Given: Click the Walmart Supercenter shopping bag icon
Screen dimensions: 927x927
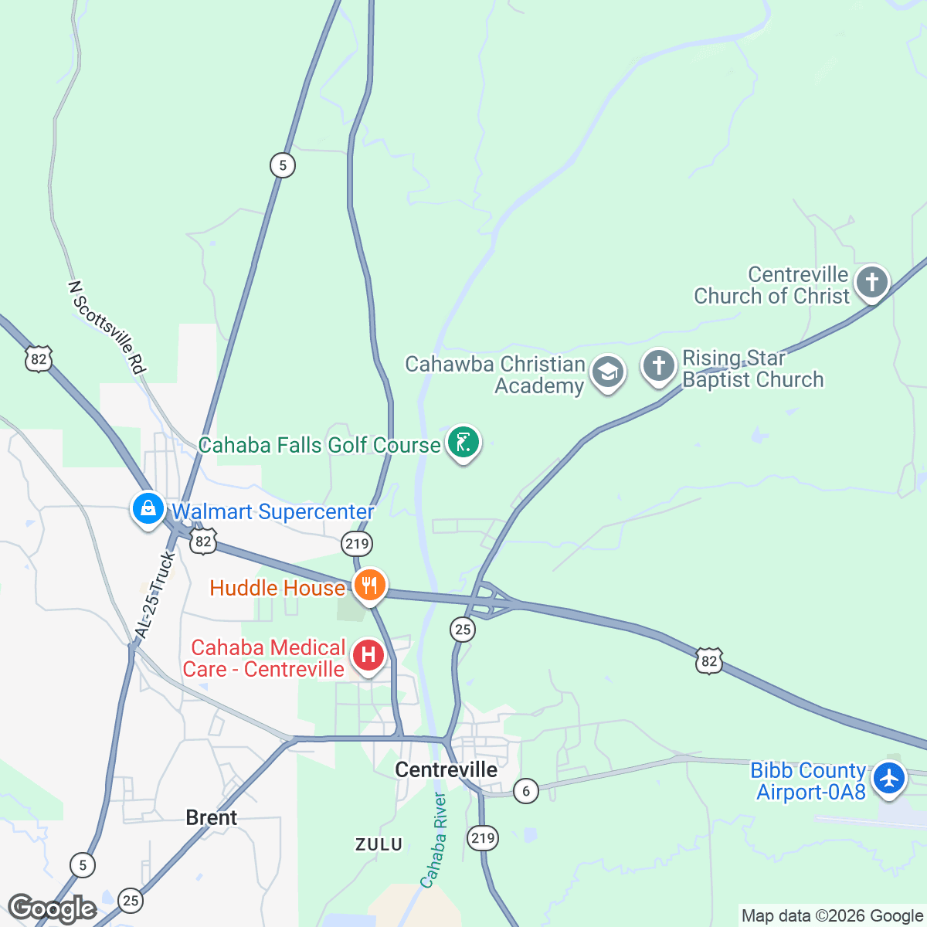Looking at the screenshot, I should (147, 508).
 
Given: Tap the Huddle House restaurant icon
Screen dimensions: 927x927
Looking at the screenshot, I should (369, 586).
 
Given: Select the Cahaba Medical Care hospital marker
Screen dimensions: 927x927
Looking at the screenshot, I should (368, 655).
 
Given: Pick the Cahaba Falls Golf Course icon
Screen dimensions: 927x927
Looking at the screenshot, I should (463, 443).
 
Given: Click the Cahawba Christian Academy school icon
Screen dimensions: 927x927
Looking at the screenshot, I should (608, 372).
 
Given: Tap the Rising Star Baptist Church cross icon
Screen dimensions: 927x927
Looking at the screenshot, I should (658, 366).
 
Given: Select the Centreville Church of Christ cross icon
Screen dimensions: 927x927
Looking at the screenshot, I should (871, 282).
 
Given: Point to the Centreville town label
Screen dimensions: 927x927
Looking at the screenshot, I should (446, 769).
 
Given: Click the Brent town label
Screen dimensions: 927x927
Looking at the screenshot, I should (212, 817).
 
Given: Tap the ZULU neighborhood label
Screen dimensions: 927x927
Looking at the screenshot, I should (379, 844).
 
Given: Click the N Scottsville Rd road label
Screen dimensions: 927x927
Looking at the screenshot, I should (107, 328).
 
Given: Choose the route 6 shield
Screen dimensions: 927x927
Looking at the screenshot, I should (525, 790).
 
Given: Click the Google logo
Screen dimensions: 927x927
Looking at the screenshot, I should (52, 909).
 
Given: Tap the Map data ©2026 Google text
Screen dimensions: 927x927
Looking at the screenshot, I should (832, 916).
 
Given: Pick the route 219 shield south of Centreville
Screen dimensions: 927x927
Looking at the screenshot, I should (483, 837).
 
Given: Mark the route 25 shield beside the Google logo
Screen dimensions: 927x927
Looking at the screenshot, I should (131, 900).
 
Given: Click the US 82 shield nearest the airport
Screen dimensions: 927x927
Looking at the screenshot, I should (709, 660).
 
